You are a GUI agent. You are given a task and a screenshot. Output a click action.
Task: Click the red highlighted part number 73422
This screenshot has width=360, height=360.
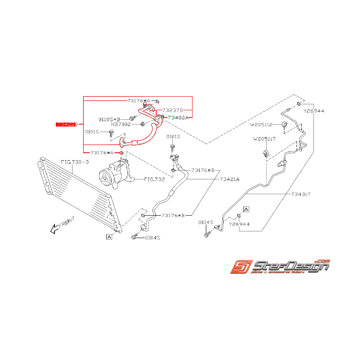pos(66,124)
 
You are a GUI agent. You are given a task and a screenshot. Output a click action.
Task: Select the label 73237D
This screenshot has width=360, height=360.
pos(172,110)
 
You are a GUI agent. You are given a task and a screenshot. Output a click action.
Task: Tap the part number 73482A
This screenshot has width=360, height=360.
pos(178,117)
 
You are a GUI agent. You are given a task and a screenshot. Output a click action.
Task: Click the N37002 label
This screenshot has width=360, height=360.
pos(121,125)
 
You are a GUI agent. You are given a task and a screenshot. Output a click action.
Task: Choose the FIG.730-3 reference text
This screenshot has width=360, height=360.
pos(75,162)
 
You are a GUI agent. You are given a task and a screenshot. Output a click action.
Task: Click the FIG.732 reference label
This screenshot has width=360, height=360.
pos(154,179)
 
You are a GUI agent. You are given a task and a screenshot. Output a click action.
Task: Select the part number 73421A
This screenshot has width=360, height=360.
pos(230,179)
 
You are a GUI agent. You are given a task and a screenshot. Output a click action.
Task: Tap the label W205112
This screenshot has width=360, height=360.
pos(261,125)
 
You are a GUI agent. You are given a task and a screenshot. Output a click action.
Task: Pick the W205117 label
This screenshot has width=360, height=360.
pos(264,138)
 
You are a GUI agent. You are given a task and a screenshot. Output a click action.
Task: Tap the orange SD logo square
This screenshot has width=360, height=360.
pos(241,267)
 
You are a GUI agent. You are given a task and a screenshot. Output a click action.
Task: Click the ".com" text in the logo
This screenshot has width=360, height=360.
pos(322,261)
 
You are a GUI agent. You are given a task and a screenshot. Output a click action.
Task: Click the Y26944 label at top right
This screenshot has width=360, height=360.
pos(314,111)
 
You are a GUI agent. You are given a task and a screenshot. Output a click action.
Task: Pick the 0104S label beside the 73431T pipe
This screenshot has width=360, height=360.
pos(206,222)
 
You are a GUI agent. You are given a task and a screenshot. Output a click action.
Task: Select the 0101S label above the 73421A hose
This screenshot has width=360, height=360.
pos(173,136)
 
